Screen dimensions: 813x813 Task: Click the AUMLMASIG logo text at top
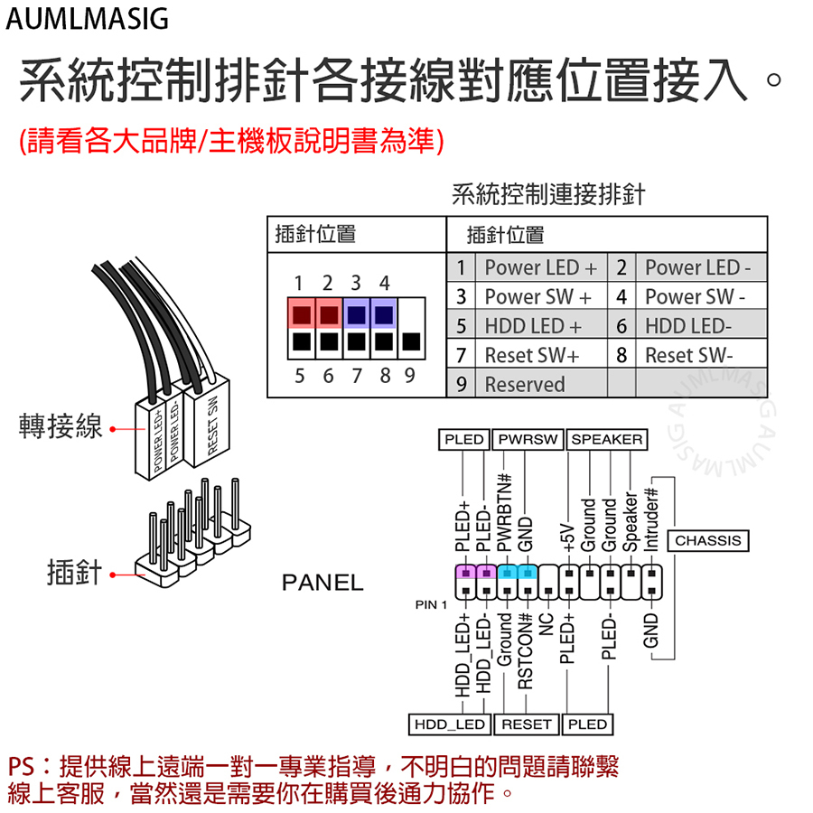pyautogui.click(x=87, y=19)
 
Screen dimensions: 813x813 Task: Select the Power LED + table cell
pyautogui.click(x=541, y=267)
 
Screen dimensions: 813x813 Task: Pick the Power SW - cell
pyautogui.click(x=701, y=296)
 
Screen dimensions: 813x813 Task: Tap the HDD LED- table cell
pyautogui.click(x=701, y=325)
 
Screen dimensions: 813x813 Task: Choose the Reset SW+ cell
pyautogui.click(x=541, y=355)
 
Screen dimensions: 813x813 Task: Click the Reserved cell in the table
pyautogui.click(x=541, y=384)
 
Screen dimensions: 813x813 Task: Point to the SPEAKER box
pyautogui.click(x=607, y=440)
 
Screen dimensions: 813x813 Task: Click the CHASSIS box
pyautogui.click(x=708, y=541)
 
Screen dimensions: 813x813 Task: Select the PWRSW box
pyautogui.click(x=528, y=440)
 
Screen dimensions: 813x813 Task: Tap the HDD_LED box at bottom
pyautogui.click(x=450, y=724)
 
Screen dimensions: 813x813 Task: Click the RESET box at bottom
pyautogui.click(x=527, y=724)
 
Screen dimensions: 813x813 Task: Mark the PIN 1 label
pyautogui.click(x=431, y=604)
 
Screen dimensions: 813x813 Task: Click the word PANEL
pyautogui.click(x=322, y=583)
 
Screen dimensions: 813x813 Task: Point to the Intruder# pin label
pyautogui.click(x=650, y=519)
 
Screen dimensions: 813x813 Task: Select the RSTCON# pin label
pyautogui.click(x=525, y=650)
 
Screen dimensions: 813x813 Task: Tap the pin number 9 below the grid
pyautogui.click(x=409, y=376)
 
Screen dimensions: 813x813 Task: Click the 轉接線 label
pyautogui.click(x=61, y=426)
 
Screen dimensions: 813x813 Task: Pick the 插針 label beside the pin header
pyautogui.click(x=75, y=573)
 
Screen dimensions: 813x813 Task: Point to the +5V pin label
pyautogui.click(x=568, y=537)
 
